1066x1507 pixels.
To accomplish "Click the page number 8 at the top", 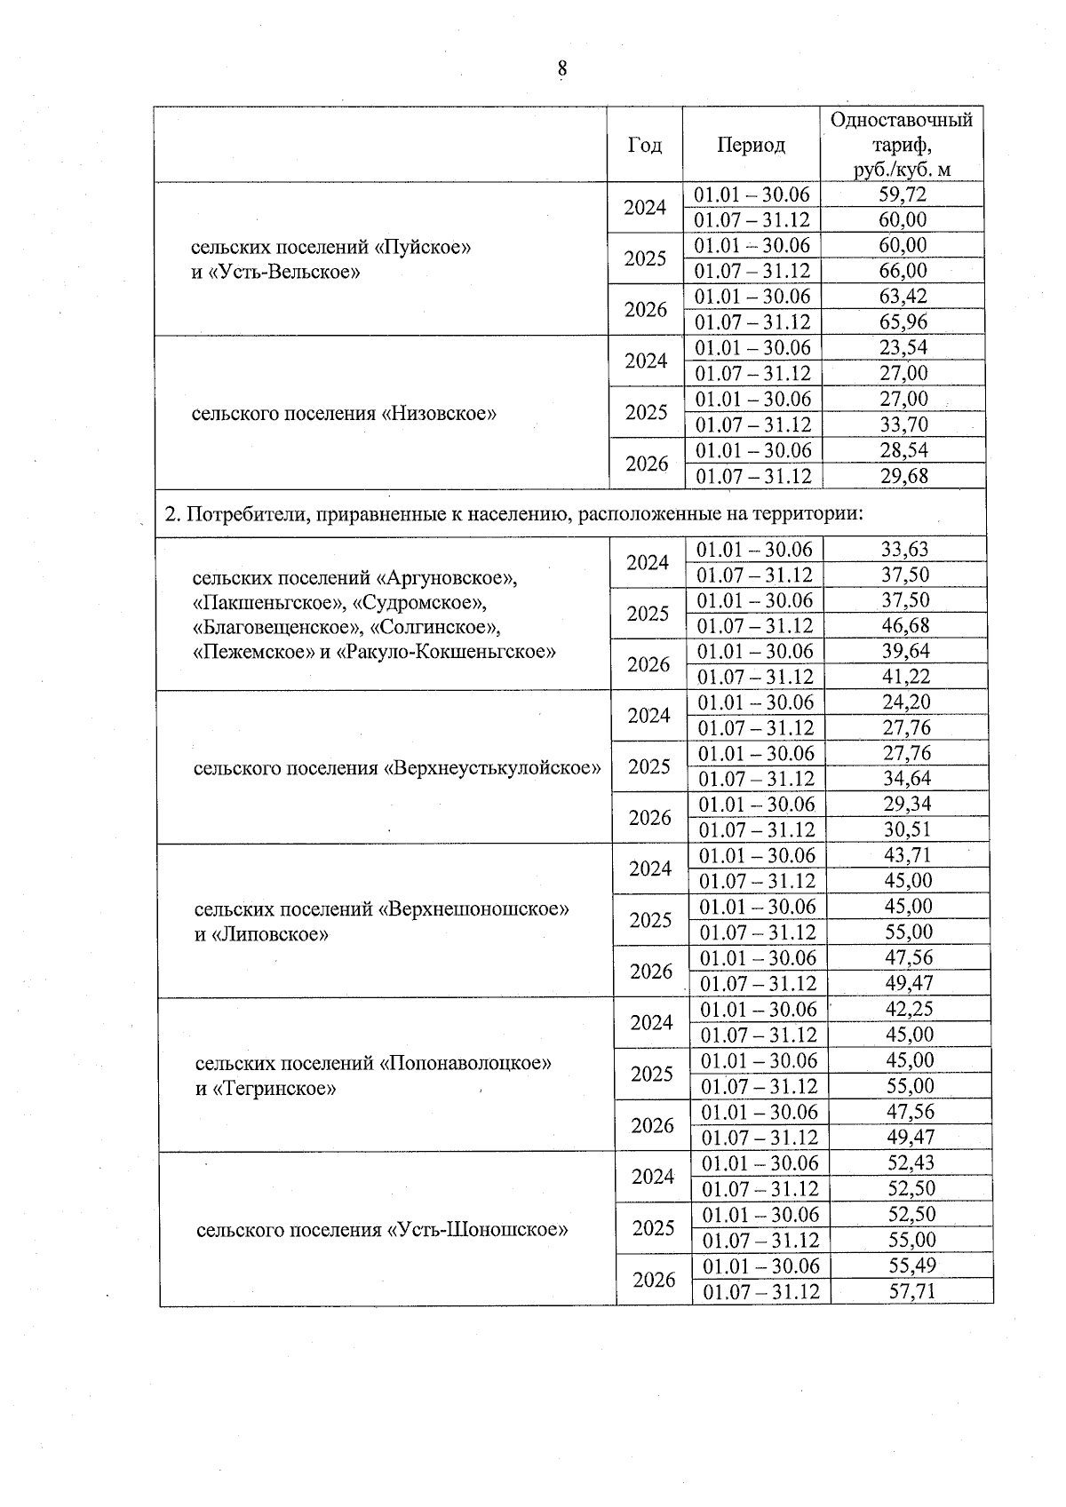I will pyautogui.click(x=561, y=69).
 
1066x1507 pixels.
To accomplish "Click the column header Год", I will pyautogui.click(x=644, y=145).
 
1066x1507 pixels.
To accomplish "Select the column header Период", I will pyautogui.click(x=751, y=145).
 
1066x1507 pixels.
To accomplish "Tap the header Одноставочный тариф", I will pyautogui.click(x=901, y=144).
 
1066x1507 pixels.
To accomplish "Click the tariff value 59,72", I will pyautogui.click(x=903, y=194).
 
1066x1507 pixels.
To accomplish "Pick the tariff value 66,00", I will pyautogui.click(x=903, y=271).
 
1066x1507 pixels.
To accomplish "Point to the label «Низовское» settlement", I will pyautogui.click(x=344, y=413).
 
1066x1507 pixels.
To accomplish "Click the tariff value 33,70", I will pyautogui.click(x=903, y=424).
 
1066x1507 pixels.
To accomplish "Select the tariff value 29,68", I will pyautogui.click(x=903, y=476).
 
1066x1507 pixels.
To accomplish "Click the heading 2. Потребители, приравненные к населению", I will pyautogui.click(x=515, y=513).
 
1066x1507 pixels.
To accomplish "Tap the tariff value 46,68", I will pyautogui.click(x=905, y=626).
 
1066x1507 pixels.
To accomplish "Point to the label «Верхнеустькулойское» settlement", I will pyautogui.click(x=397, y=767).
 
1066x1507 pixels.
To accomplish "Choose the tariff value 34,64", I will pyautogui.click(x=906, y=779).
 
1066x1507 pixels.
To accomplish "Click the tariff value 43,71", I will pyautogui.click(x=908, y=855).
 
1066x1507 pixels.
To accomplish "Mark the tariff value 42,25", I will pyautogui.click(x=909, y=1009).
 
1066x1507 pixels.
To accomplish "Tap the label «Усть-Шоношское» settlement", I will pyautogui.click(x=382, y=1230).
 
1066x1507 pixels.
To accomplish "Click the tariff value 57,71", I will pyautogui.click(x=911, y=1291).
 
